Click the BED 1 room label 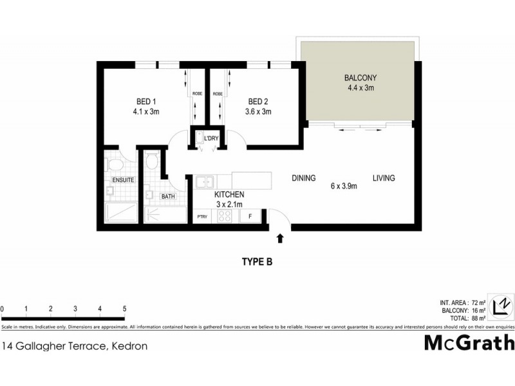[x=145, y=102]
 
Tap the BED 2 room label [x=258, y=102]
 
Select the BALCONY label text [x=359, y=78]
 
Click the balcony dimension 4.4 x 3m [x=359, y=88]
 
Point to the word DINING [x=303, y=178]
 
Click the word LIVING [x=382, y=178]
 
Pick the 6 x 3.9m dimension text [x=344, y=187]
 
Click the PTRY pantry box [x=201, y=217]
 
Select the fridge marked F [x=250, y=217]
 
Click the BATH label [x=168, y=196]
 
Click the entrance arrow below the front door [x=279, y=239]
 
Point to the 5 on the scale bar [x=124, y=309]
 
